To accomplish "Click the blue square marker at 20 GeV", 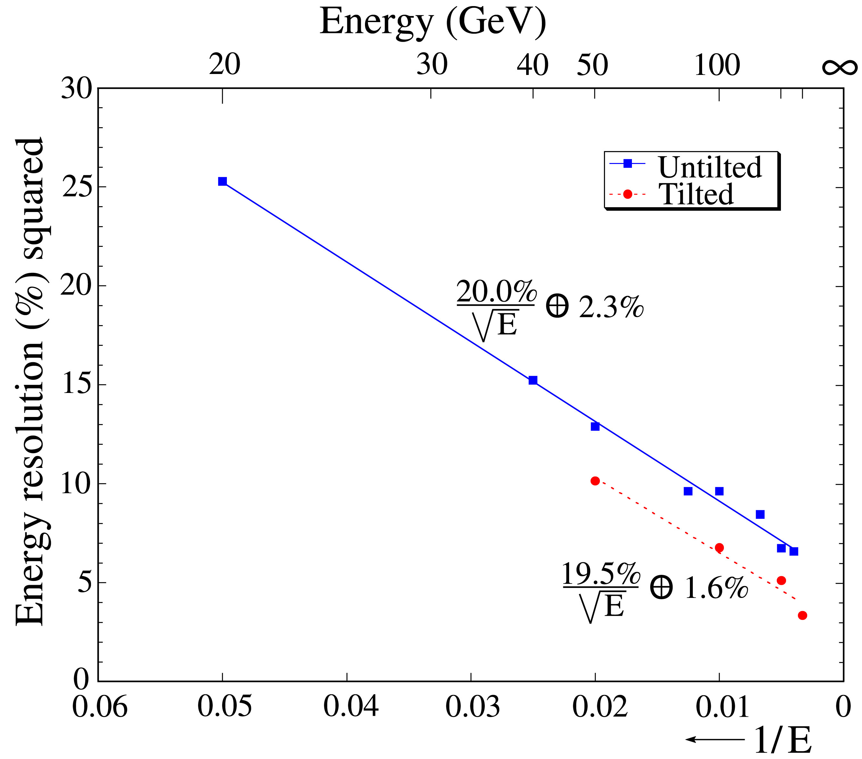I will (x=222, y=181).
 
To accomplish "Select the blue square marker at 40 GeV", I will (x=533, y=380).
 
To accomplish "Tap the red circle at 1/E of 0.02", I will (x=595, y=481).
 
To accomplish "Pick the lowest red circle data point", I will (x=802, y=615).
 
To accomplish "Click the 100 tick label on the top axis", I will (x=717, y=65).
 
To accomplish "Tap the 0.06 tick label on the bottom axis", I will (x=100, y=706).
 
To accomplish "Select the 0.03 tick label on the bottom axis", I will (x=472, y=706).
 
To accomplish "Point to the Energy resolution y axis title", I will (x=29, y=381).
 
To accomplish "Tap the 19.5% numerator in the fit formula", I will (x=601, y=574).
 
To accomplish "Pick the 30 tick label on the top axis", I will (x=432, y=65).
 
